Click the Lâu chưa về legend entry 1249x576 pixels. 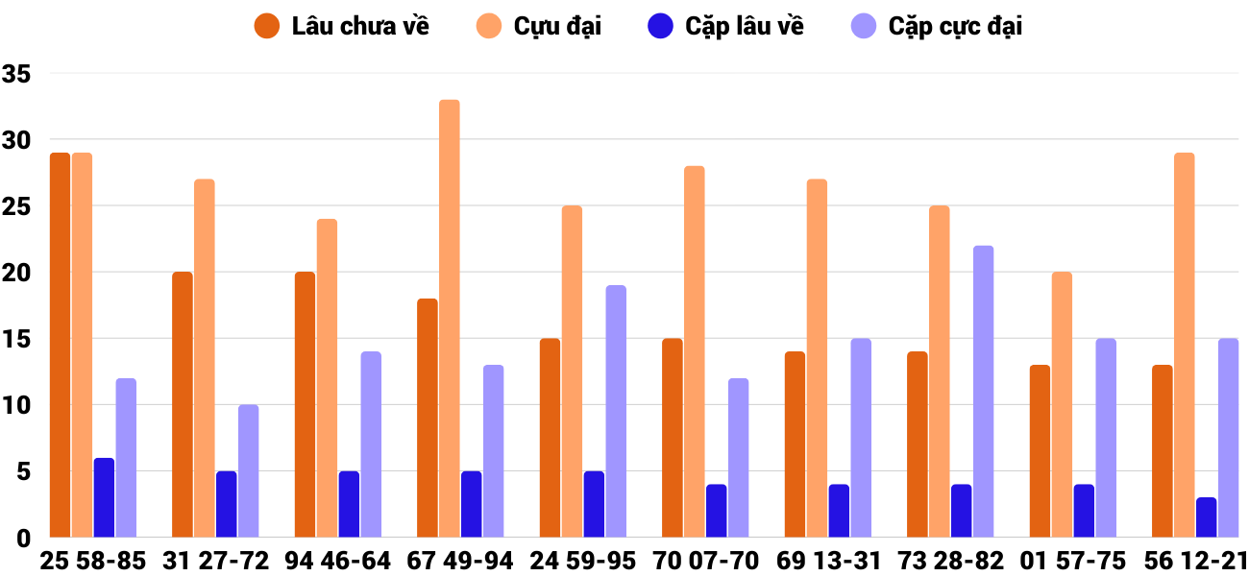coord(341,26)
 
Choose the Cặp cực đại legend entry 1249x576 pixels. coord(936,26)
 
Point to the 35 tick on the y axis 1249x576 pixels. coord(16,74)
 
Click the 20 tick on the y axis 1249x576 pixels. coord(16,274)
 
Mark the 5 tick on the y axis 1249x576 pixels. coord(21,472)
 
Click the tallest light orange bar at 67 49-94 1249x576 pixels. coord(450,319)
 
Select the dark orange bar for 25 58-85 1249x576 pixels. coord(60,346)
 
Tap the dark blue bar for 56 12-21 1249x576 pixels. coord(1206,517)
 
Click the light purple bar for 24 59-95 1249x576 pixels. coord(616,411)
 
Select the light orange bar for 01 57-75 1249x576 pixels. coord(1062,405)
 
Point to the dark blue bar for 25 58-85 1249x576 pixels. coord(104,497)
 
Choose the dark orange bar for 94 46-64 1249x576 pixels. coord(305,405)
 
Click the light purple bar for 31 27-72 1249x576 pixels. coord(249,470)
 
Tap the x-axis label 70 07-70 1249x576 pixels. coord(705,561)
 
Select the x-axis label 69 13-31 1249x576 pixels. coord(828,561)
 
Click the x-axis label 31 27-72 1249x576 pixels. coord(215,561)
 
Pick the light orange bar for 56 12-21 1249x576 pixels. coord(1184,346)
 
